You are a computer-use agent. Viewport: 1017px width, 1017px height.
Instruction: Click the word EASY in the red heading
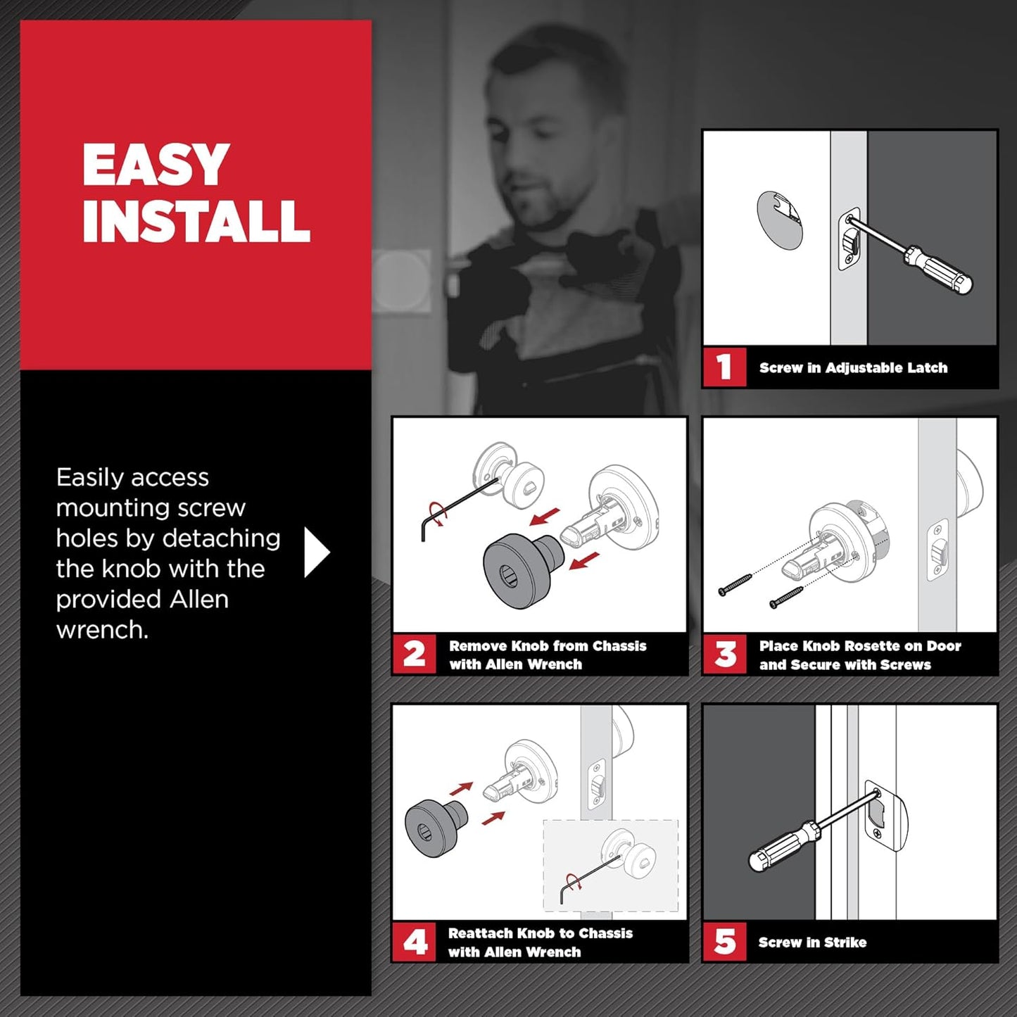click(x=156, y=165)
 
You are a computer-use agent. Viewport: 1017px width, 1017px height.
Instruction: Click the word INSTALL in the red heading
click(x=196, y=221)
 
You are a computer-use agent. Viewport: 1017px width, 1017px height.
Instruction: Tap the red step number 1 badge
click(x=724, y=367)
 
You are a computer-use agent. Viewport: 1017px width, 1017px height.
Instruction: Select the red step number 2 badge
click(x=414, y=655)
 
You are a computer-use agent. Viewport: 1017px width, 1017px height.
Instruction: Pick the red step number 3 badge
click(x=724, y=655)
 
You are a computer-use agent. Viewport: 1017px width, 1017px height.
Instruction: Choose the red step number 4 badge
click(x=414, y=942)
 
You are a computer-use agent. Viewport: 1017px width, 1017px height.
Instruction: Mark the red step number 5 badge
click(x=724, y=942)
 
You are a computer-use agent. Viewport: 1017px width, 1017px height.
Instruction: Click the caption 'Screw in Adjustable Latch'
click(x=853, y=368)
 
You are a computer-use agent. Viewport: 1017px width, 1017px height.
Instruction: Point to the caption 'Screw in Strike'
click(x=812, y=942)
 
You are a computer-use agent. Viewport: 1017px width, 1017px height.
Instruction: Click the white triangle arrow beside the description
click(x=315, y=552)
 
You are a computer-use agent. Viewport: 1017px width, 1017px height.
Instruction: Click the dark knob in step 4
click(x=431, y=825)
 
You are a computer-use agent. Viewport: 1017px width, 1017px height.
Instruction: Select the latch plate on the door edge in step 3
click(x=937, y=550)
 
